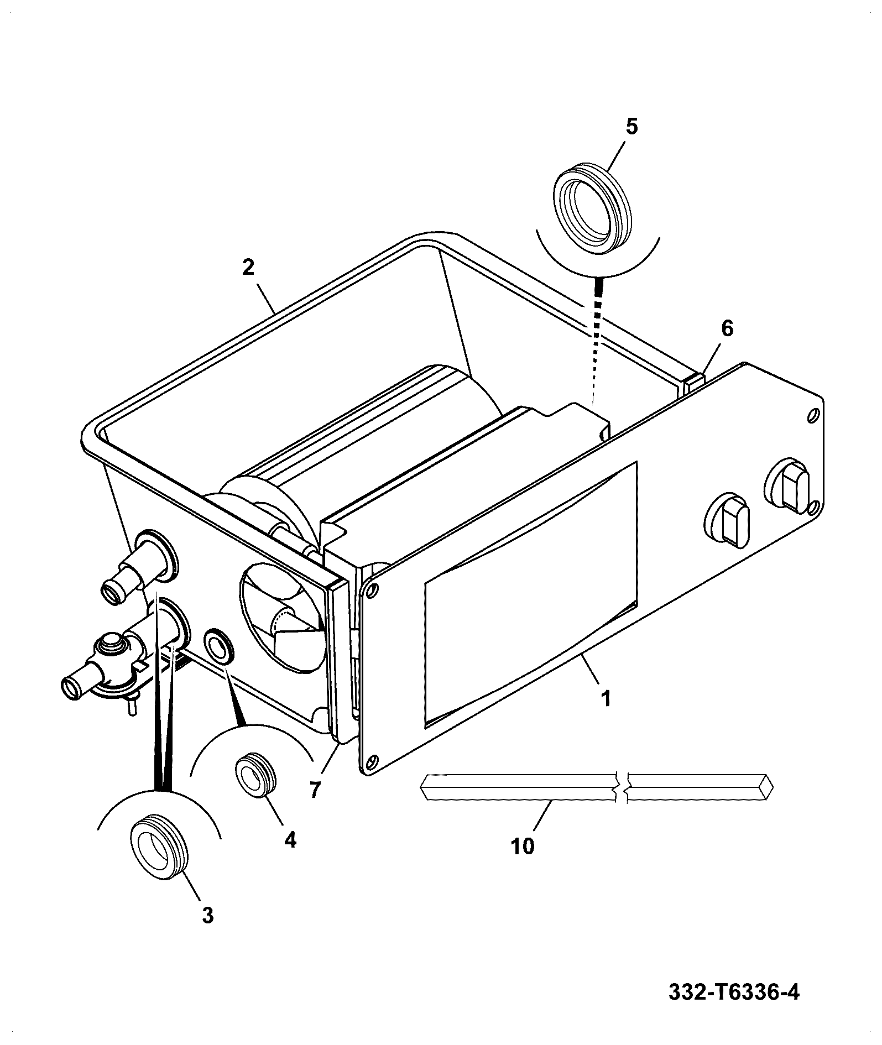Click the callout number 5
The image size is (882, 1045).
pos(632,127)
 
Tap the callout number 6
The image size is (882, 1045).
pos(727,328)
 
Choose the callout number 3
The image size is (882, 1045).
pos(207,915)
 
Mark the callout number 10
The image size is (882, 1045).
pos(523,846)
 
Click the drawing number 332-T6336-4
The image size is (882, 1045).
pos(734,992)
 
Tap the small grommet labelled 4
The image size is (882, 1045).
pos(255,772)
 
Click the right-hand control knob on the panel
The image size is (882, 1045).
pos(787,483)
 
